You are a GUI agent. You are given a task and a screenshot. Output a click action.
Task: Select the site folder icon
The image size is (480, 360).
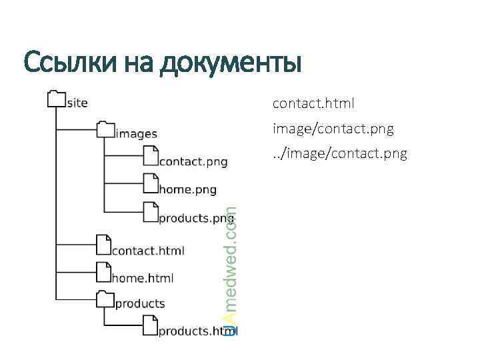(x=57, y=100)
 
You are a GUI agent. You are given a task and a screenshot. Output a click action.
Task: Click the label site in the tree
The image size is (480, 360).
(x=77, y=103)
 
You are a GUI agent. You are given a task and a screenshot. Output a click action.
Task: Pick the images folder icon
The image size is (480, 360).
(x=105, y=129)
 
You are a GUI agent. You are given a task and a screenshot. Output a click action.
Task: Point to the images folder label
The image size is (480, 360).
(x=136, y=133)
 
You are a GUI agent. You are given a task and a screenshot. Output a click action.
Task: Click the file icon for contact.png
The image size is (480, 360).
(x=151, y=156)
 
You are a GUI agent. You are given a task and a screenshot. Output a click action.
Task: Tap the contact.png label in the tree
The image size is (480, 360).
(x=193, y=161)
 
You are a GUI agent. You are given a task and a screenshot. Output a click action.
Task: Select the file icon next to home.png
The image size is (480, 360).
(x=151, y=184)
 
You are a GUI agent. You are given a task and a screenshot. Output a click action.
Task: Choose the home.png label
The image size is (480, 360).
(x=187, y=189)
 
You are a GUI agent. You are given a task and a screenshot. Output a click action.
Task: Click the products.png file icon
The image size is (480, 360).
(x=151, y=212)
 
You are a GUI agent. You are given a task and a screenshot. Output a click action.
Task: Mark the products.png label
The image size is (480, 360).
(x=191, y=218)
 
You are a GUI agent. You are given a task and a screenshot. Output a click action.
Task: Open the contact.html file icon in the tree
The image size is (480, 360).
(x=103, y=245)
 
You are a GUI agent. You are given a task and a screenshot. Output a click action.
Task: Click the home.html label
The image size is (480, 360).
(x=142, y=278)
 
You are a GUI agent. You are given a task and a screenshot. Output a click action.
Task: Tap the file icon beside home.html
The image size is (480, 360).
(x=103, y=272)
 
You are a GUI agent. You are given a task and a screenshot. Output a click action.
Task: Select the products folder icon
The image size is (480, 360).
(x=105, y=298)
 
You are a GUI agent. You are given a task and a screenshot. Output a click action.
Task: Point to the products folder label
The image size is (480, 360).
(x=140, y=303)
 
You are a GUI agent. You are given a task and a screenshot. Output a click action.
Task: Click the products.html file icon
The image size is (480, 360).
(x=151, y=325)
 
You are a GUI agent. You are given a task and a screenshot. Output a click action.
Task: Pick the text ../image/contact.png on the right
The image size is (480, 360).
(x=339, y=154)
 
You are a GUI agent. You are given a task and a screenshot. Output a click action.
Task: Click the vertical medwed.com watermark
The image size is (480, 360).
(x=230, y=270)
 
